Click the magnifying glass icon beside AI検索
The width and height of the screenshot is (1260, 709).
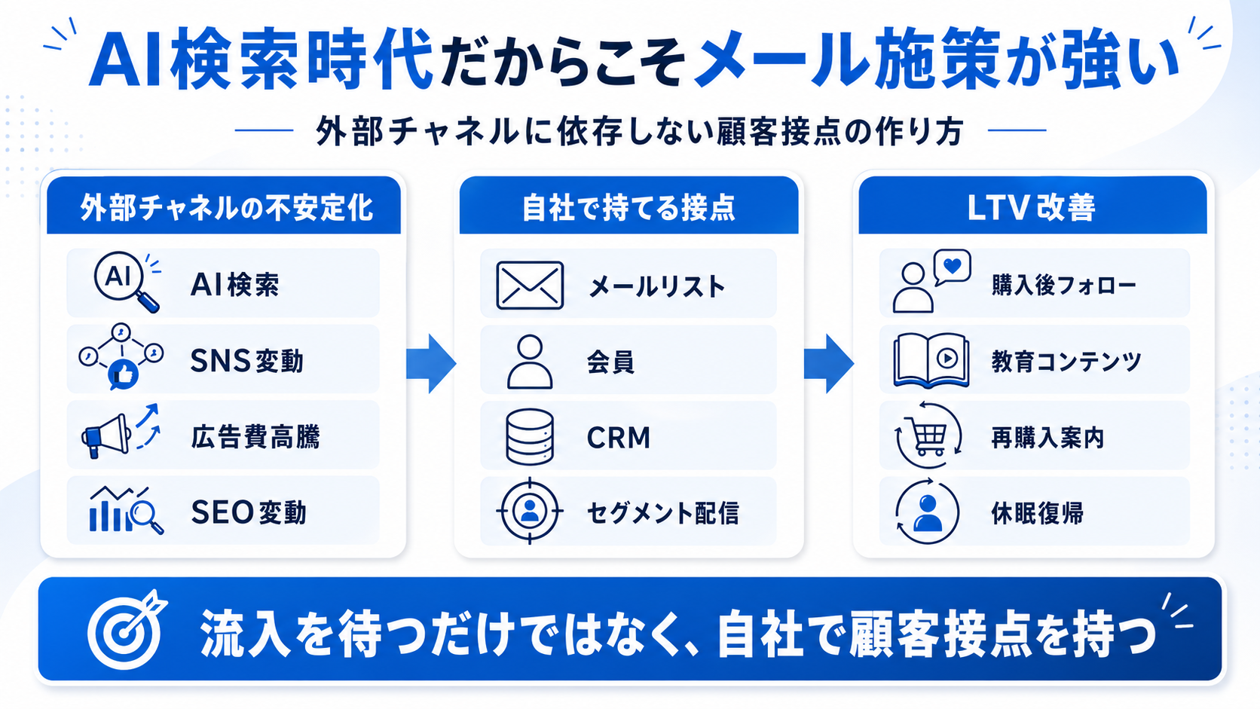click(x=127, y=282)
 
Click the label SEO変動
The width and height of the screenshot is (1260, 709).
click(x=248, y=512)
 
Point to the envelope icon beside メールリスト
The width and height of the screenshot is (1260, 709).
click(x=530, y=285)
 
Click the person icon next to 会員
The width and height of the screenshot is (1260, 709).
click(x=530, y=362)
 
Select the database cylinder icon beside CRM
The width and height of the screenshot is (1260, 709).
click(x=530, y=437)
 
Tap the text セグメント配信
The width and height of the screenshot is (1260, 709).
click(x=662, y=513)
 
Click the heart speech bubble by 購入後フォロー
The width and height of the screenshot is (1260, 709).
click(x=953, y=267)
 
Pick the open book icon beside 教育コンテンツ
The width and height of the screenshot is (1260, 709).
click(x=931, y=361)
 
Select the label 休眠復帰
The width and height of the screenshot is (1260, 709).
click(x=1037, y=513)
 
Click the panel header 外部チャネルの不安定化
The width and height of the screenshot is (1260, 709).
click(x=225, y=207)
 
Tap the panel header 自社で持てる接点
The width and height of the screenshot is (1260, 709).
click(x=628, y=207)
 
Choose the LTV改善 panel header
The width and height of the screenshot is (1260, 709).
click(x=1031, y=207)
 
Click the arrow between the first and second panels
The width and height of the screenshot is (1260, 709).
click(x=431, y=363)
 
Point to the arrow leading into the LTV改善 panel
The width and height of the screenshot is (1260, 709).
click(x=828, y=363)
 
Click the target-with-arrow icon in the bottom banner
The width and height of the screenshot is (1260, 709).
click(x=127, y=630)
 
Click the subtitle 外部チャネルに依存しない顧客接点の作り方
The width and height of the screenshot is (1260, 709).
click(x=639, y=132)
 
